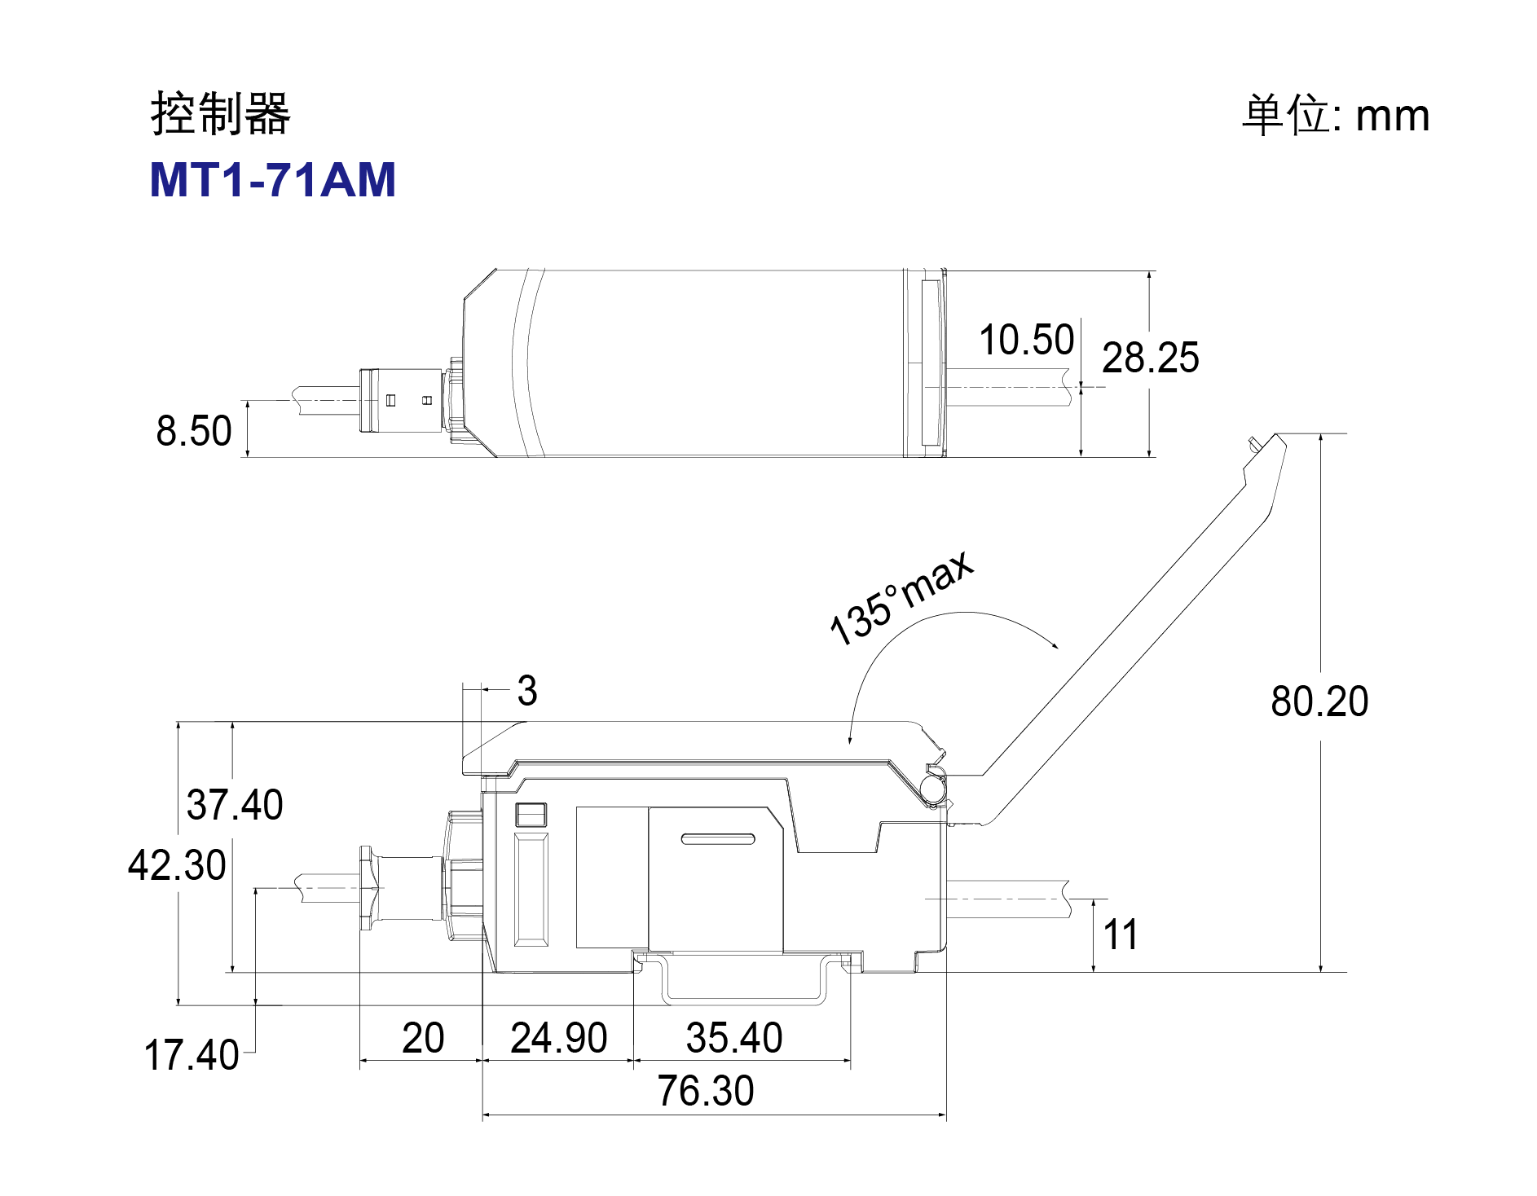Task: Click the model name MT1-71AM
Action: (x=273, y=179)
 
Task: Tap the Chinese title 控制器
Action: (x=221, y=113)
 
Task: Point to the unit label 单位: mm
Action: (x=1336, y=115)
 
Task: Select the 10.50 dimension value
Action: (x=1027, y=340)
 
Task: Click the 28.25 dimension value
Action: (x=1151, y=358)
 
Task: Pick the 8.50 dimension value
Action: (x=194, y=431)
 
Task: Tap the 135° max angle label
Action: (x=901, y=597)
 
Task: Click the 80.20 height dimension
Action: (x=1319, y=701)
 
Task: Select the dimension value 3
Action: (x=527, y=691)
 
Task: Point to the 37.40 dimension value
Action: (x=235, y=805)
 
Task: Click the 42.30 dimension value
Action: (x=177, y=865)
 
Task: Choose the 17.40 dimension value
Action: (x=192, y=1055)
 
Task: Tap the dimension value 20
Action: (x=423, y=1038)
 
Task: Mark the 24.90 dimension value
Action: (x=559, y=1038)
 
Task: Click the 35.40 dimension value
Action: (x=734, y=1038)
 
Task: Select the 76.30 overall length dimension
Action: (x=706, y=1091)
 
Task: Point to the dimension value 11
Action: (x=1121, y=934)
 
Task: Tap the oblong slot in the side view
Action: (x=718, y=839)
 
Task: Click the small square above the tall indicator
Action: (x=531, y=816)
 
